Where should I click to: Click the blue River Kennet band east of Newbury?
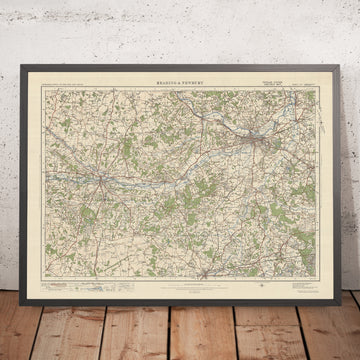[x=150, y=182]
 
